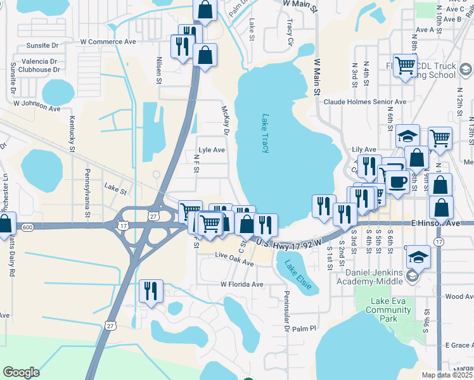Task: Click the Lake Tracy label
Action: (x=265, y=133)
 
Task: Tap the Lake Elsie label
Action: (x=297, y=275)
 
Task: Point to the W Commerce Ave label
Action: (x=108, y=41)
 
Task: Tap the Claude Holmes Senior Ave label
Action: (x=364, y=101)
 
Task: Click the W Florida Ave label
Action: (x=241, y=284)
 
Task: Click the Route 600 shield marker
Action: (x=27, y=227)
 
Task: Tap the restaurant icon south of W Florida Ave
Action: (x=151, y=291)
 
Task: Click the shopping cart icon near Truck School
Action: (x=404, y=65)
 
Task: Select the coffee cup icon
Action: (x=398, y=181)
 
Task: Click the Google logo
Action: (x=22, y=372)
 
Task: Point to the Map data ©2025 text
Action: (x=447, y=375)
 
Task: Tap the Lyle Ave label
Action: (x=212, y=150)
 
